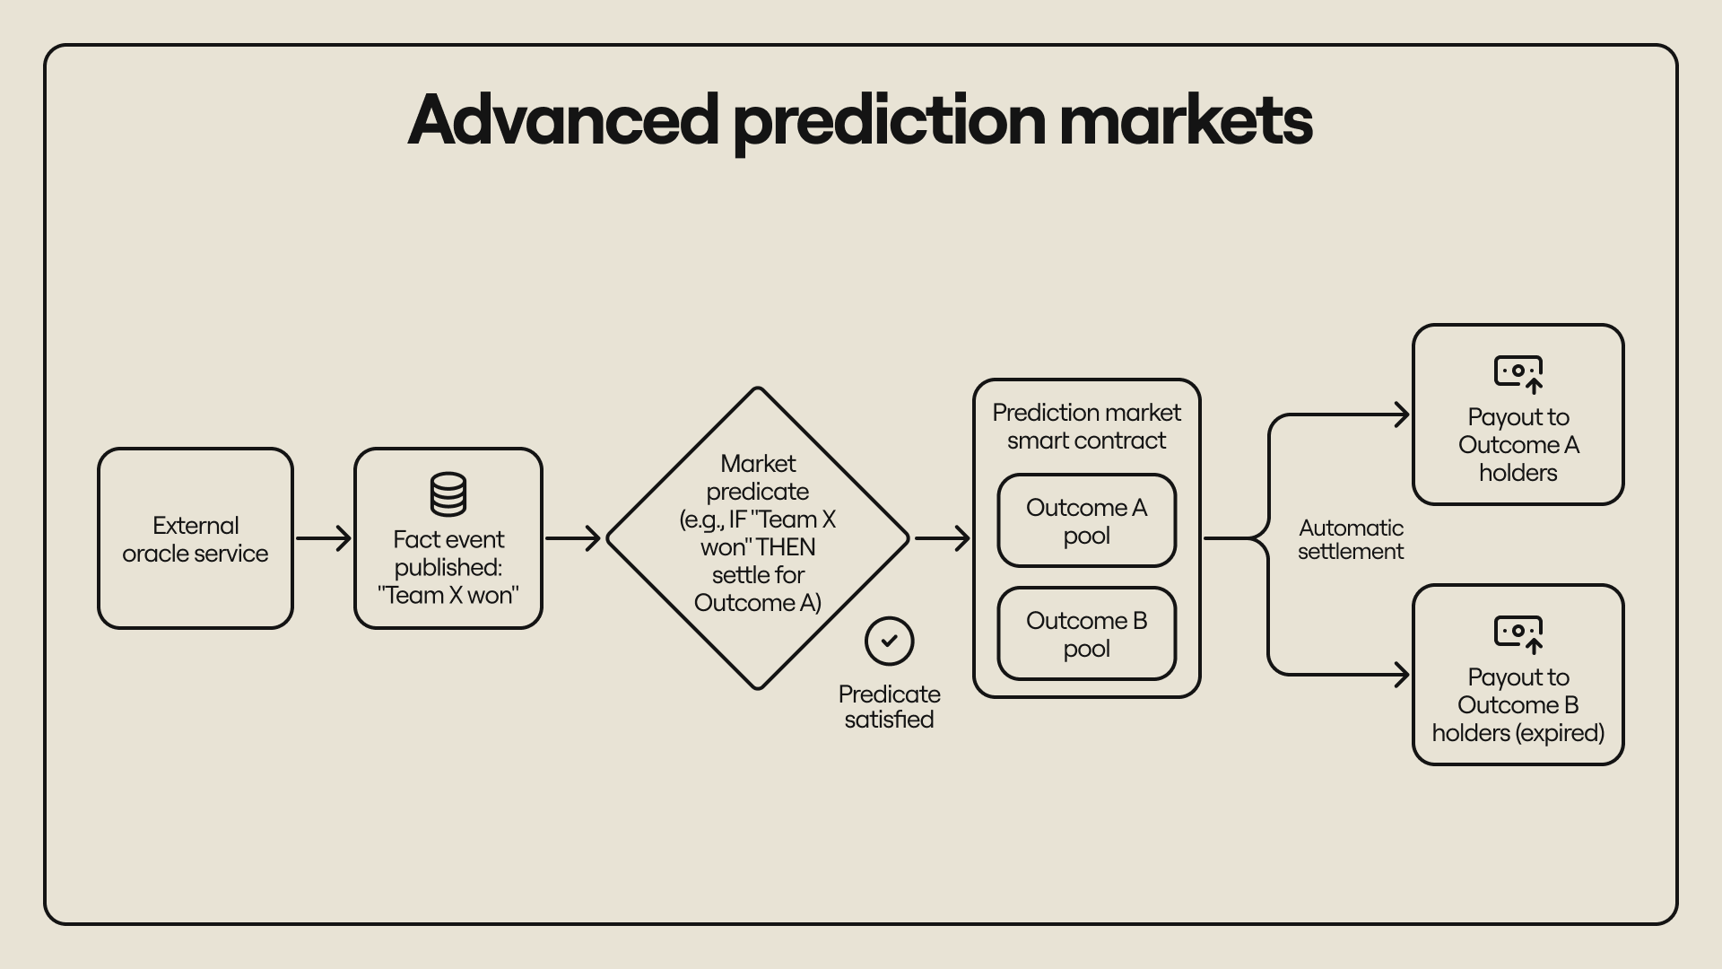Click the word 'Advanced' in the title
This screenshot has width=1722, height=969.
pyautogui.click(x=563, y=120)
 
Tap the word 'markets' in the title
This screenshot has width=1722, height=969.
pyautogui.click(x=1186, y=120)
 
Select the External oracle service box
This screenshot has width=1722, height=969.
pyautogui.click(x=196, y=538)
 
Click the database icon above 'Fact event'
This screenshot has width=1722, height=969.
pyautogui.click(x=448, y=494)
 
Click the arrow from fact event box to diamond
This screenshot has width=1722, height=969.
pyautogui.click(x=572, y=538)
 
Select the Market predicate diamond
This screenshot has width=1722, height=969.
pyautogui.click(x=758, y=538)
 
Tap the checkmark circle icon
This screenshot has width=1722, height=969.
pyautogui.click(x=889, y=641)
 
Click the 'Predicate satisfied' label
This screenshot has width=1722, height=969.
pyautogui.click(x=889, y=707)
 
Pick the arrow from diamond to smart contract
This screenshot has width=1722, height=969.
pyautogui.click(x=942, y=538)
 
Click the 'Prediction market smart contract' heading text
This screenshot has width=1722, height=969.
pyautogui.click(x=1086, y=426)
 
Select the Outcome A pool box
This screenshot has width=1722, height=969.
pyautogui.click(x=1086, y=521)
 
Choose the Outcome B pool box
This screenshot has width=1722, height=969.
pyautogui.click(x=1086, y=634)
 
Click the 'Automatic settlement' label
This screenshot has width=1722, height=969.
pyautogui.click(x=1351, y=539)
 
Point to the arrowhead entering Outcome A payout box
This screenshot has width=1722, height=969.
pyautogui.click(x=1401, y=415)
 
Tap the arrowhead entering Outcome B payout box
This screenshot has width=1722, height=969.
pyautogui.click(x=1401, y=675)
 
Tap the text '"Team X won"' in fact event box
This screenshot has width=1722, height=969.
pyautogui.click(x=448, y=595)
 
